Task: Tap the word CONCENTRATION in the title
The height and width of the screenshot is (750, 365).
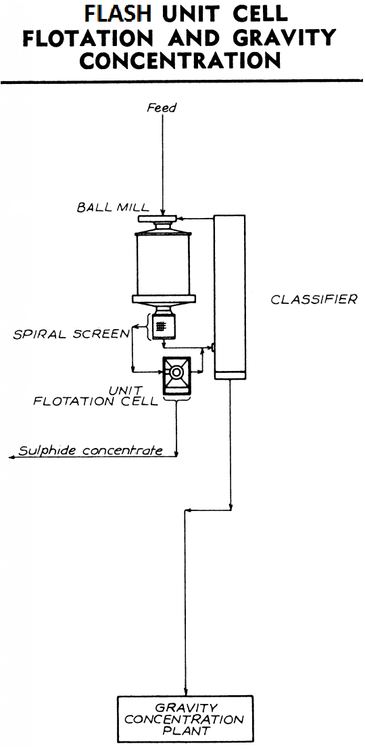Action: point(180,61)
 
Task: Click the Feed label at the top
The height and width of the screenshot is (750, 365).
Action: point(162,108)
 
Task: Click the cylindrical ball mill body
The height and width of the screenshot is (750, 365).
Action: point(166,263)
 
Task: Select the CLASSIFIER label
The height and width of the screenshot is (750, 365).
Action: point(314,299)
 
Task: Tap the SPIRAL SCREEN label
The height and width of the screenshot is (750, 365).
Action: point(71,334)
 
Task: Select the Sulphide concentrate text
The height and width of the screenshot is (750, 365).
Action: point(91,450)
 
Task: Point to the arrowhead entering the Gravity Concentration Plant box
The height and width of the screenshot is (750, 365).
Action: point(186,692)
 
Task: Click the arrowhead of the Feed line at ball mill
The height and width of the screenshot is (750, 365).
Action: point(162,211)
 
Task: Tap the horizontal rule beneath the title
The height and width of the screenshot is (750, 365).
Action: point(182,82)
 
